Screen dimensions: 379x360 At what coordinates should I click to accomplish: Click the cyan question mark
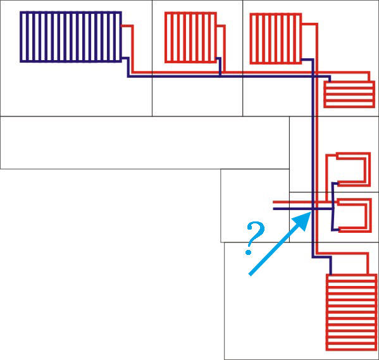pos(255,238)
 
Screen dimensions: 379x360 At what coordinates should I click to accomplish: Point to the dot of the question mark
pos(248,252)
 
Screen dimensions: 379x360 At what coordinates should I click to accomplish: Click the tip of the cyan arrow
pos(311,212)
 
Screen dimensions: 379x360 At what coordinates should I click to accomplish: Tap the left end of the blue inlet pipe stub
pos(273,209)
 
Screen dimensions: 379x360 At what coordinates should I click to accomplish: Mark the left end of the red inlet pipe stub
pos(273,201)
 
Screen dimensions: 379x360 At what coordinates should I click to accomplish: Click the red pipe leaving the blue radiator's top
pos(132,48)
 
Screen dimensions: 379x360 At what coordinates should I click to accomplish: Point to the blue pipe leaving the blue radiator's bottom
pos(128,67)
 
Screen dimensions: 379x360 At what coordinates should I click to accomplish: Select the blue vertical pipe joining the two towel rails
pos(333,207)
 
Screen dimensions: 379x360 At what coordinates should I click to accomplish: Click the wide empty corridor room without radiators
pos(144,142)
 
